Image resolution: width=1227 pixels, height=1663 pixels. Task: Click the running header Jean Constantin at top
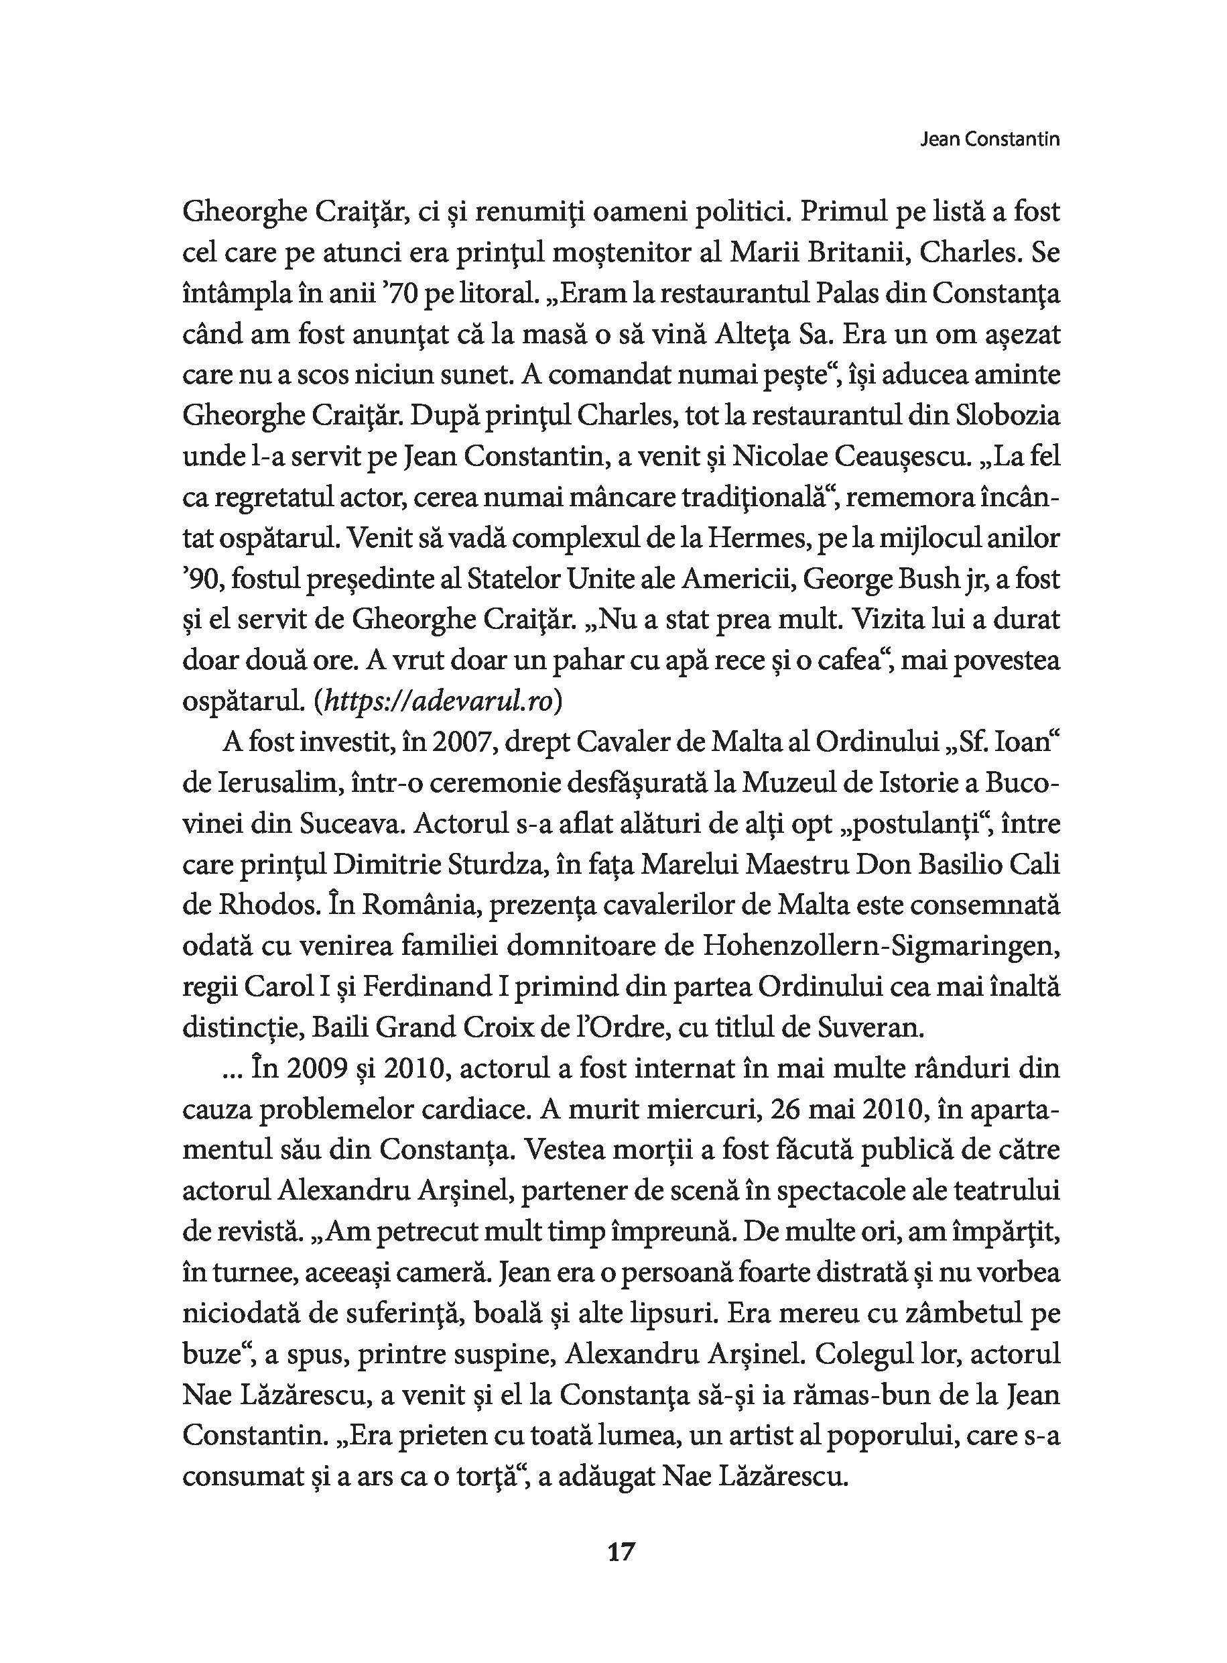(x=989, y=139)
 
